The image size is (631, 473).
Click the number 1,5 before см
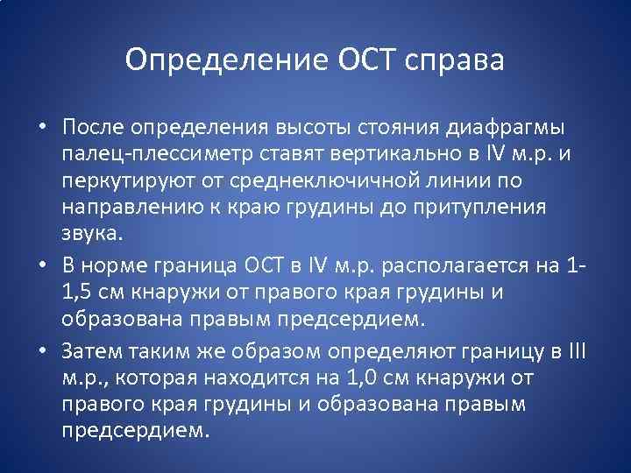pos(74,291)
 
